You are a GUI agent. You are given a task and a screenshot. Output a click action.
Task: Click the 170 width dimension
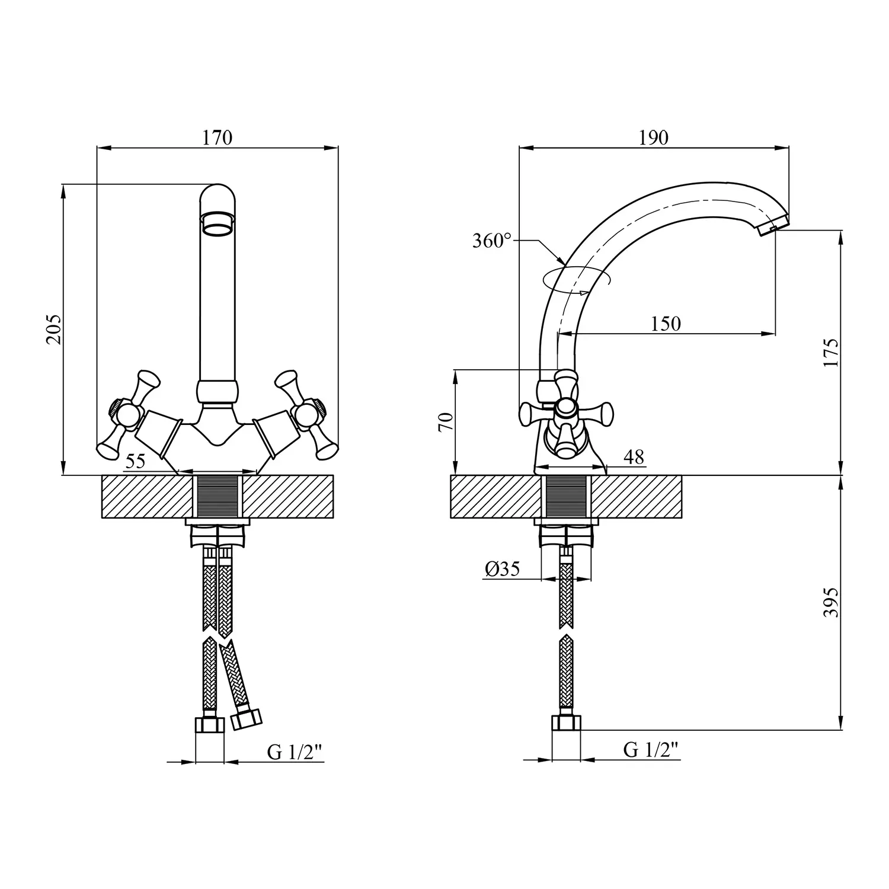[x=218, y=137]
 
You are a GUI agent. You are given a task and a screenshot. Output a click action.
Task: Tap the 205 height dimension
[x=53, y=330]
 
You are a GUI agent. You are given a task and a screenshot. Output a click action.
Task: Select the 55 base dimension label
[x=136, y=461]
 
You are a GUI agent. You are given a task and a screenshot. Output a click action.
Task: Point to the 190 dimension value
[x=654, y=137]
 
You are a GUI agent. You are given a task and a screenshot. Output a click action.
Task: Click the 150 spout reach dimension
[x=666, y=324]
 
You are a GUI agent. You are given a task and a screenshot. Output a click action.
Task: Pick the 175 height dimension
[x=831, y=353]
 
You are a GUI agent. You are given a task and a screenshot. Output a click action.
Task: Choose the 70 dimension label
[x=446, y=421]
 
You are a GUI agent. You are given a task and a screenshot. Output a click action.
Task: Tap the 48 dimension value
[x=634, y=457]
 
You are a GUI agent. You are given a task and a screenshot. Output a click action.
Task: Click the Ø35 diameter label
[x=502, y=569]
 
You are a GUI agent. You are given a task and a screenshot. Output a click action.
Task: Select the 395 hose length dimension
[x=831, y=603]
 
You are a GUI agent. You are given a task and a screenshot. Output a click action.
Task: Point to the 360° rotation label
[x=492, y=241]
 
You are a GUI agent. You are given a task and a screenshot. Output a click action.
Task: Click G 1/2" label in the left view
[x=295, y=752]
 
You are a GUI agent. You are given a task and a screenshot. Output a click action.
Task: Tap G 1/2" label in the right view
[x=650, y=750]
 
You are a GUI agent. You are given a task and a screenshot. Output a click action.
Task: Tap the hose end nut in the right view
[x=566, y=722]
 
